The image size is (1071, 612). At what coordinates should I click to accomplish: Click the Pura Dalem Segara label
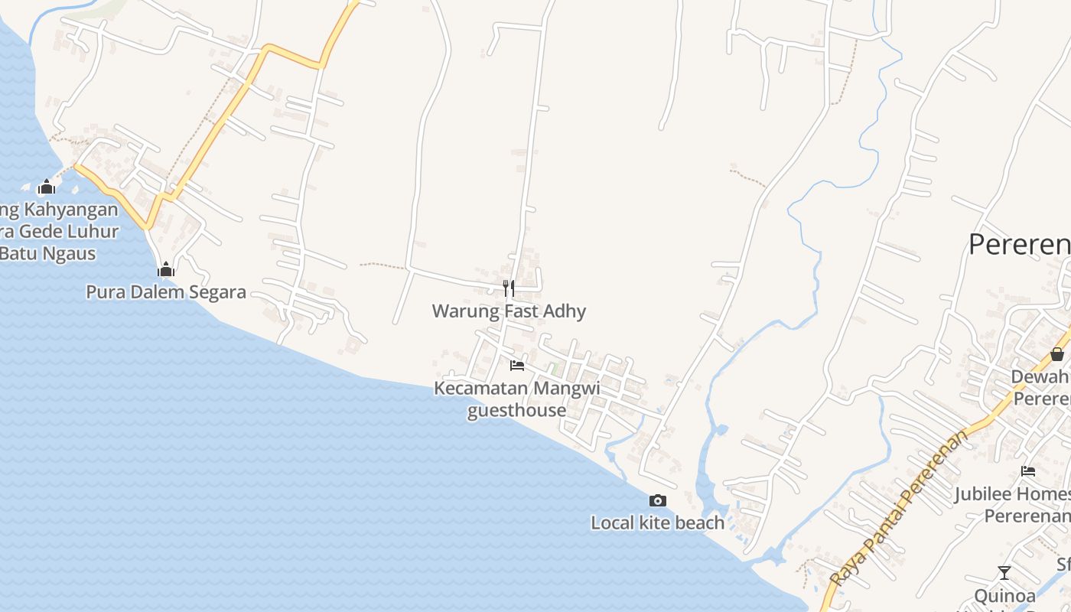pos(166,291)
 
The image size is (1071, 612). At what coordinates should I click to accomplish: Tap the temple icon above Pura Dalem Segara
pos(166,269)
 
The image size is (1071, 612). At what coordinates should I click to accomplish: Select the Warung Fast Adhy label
pos(509,311)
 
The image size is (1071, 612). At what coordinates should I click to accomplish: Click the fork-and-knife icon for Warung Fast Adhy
pos(509,288)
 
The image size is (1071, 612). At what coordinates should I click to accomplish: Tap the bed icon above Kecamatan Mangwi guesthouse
pos(517,366)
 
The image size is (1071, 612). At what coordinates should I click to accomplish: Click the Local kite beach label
pos(657,522)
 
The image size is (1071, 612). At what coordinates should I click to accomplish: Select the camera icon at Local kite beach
pos(657,501)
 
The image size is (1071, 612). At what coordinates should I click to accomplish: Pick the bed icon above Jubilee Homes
pos(1028,471)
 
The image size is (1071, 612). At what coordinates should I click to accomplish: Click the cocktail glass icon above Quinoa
pos(1004,573)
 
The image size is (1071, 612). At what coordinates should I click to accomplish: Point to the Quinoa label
pos(1005,595)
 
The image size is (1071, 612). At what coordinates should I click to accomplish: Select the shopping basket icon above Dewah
pos(1056,354)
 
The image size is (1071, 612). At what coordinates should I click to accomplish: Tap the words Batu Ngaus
pos(48,252)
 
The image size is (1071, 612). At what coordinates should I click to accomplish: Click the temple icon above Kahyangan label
pos(47,187)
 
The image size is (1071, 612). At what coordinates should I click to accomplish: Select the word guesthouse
pos(517,410)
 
